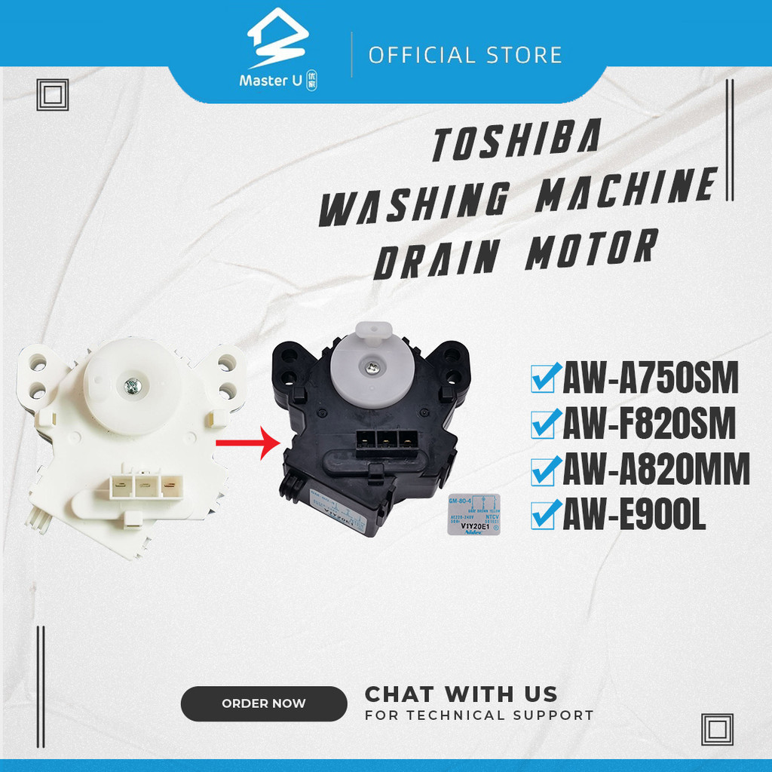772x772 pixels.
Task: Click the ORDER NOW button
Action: tap(264, 703)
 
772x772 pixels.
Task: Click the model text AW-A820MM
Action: tap(656, 473)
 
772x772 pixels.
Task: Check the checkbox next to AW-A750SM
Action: tap(545, 379)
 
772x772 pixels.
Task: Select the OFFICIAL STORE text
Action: tap(465, 55)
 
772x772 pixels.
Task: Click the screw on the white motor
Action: tap(131, 386)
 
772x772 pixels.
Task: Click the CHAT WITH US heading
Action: tap(461, 694)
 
